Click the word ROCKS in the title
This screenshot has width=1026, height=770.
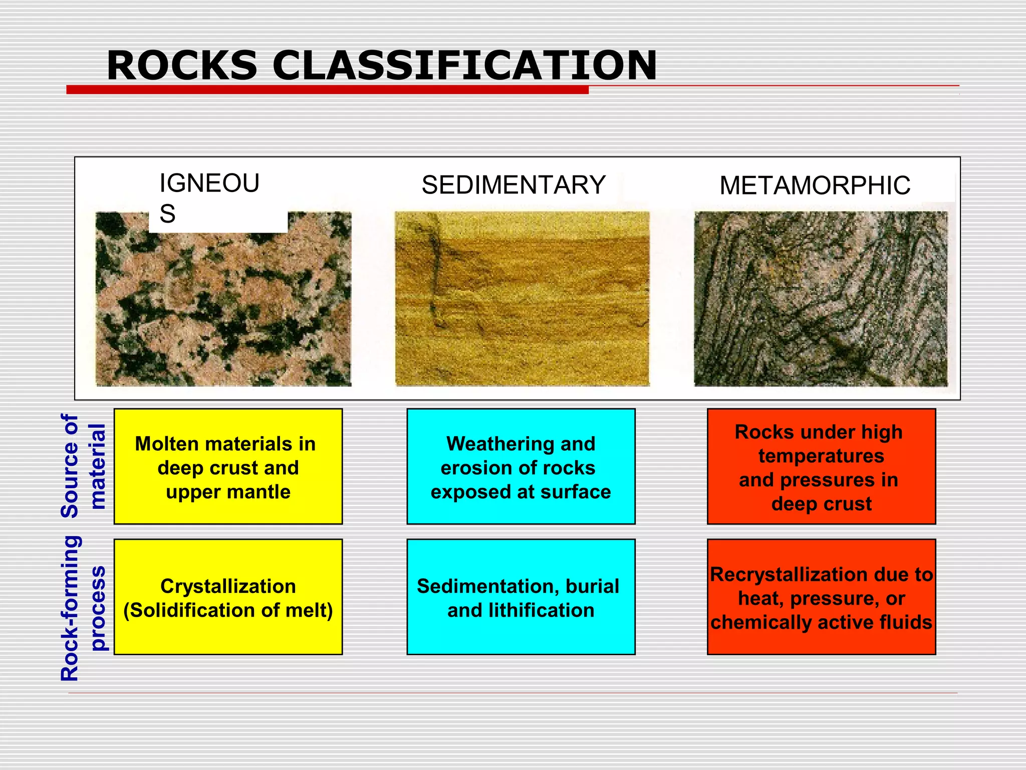[x=182, y=66]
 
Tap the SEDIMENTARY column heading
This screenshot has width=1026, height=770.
[x=514, y=185]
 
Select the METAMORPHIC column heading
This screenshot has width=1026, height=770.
[x=815, y=185]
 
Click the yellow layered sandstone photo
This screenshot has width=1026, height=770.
[x=522, y=299]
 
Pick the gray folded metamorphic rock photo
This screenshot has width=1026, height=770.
[x=821, y=299]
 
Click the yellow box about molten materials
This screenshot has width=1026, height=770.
[x=228, y=467]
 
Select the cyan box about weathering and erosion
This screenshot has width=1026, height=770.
[x=521, y=467]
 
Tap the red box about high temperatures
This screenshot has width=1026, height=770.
[x=821, y=467]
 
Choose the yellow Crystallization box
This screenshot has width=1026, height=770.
[x=228, y=597]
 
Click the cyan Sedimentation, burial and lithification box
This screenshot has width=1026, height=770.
[x=521, y=597]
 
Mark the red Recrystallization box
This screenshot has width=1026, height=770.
[x=821, y=597]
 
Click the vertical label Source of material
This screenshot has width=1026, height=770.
[x=83, y=466]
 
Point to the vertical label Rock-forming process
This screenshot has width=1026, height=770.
[x=83, y=608]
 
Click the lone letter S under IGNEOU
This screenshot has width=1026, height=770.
[x=167, y=214]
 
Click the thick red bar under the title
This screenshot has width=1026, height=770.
[x=327, y=90]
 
